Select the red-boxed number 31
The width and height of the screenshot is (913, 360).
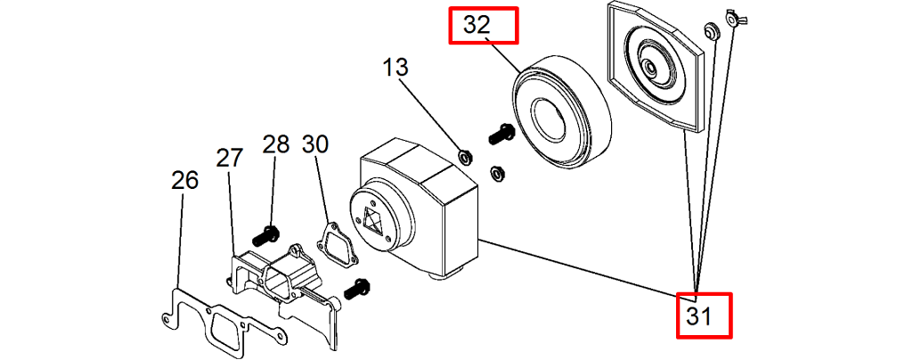(704, 315)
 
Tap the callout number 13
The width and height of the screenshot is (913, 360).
(395, 67)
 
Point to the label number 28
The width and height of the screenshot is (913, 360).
(276, 143)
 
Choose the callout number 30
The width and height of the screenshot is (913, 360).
(315, 143)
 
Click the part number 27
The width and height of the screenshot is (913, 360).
(230, 158)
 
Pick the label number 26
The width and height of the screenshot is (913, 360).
(184, 180)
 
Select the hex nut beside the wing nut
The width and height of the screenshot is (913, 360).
(712, 30)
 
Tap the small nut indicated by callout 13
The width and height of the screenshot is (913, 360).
(464, 158)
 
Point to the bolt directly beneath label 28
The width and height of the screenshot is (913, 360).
(265, 237)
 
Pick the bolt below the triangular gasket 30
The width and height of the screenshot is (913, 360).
(357, 288)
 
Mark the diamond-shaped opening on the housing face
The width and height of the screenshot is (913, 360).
(373, 219)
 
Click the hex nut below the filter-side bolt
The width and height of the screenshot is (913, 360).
(499, 171)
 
